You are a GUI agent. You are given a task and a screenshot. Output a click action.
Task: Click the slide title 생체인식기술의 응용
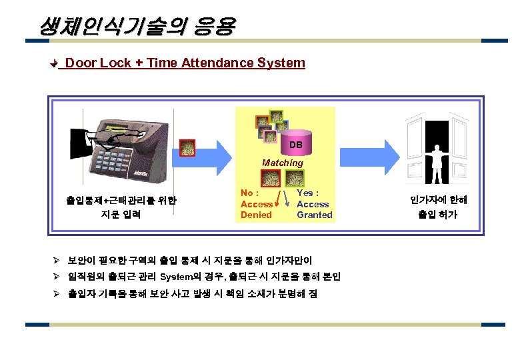pos(137,26)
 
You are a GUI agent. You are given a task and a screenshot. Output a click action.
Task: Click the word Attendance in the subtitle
pos(217,63)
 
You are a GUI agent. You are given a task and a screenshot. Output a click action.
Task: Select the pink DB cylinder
pos(296,143)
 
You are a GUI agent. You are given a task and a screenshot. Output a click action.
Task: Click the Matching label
pos(282,163)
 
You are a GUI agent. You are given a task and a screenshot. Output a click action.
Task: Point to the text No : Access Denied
pos(257,204)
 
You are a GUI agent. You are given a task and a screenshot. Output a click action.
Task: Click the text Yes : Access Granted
pos(314,204)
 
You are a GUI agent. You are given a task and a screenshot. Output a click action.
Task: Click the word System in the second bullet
pos(176,277)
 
